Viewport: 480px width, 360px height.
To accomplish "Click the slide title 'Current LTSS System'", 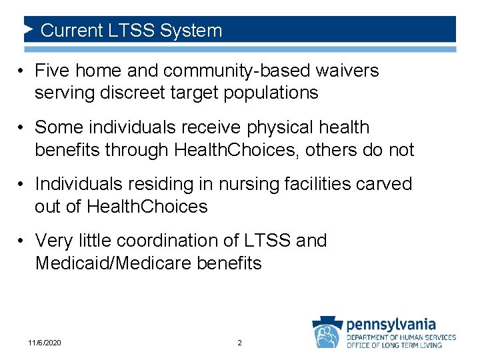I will click(131, 30).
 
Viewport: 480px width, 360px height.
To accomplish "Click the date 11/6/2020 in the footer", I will click(45, 343).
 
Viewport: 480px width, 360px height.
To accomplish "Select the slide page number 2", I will click(240, 343).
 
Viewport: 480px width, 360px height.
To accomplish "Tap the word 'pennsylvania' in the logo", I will click(391, 325).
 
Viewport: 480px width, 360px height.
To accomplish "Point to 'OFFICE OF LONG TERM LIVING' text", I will click(401, 345).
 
